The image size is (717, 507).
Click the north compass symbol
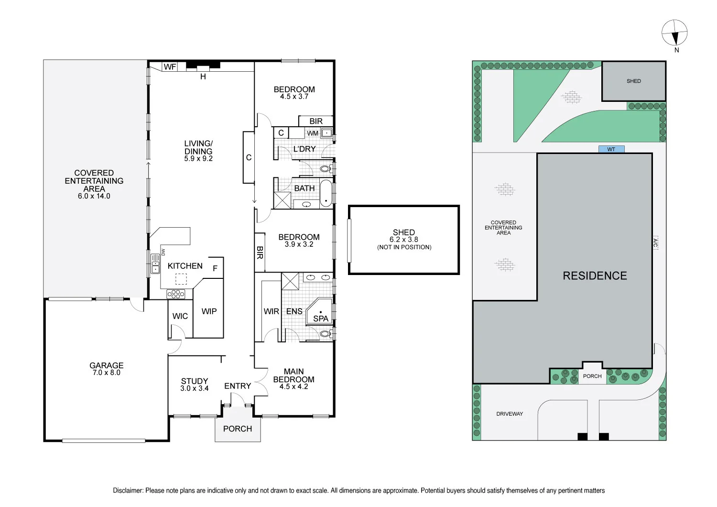click(x=674, y=33)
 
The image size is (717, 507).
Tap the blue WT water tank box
click(x=611, y=149)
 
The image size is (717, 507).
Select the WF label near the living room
click(x=170, y=67)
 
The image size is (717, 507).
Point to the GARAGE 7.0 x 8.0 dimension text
click(x=107, y=373)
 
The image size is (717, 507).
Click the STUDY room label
click(x=195, y=381)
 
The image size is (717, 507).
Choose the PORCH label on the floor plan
click(x=238, y=429)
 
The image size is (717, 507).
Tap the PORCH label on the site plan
click(x=592, y=376)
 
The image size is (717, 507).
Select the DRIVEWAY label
click(x=510, y=414)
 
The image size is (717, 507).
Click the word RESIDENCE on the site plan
click(x=595, y=276)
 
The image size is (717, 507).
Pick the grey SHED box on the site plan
click(x=633, y=81)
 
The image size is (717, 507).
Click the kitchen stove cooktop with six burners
click(x=175, y=294)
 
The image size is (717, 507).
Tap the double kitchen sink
click(x=155, y=264)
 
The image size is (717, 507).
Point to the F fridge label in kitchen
click(x=215, y=268)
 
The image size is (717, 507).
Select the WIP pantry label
click(x=209, y=311)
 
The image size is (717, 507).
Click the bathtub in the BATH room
click(x=326, y=193)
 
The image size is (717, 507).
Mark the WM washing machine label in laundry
click(x=313, y=133)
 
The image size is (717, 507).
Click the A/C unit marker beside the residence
click(x=655, y=243)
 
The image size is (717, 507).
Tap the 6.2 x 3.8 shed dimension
click(x=404, y=240)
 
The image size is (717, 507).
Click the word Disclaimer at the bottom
click(x=128, y=490)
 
